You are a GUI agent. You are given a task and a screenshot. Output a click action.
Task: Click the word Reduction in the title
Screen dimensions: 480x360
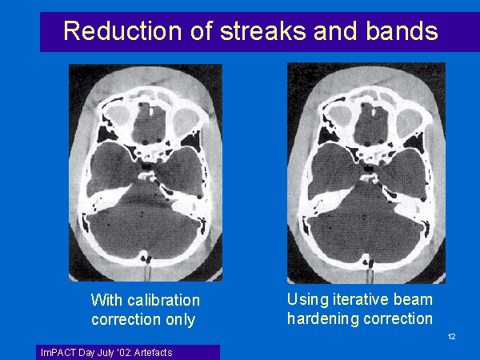pos(122,31)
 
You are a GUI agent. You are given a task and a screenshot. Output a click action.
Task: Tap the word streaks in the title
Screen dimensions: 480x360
pos(263,31)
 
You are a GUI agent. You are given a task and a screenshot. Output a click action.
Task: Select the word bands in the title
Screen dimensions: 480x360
pos(402,31)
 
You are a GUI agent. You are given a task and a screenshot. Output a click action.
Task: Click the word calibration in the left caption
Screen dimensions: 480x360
pos(163,300)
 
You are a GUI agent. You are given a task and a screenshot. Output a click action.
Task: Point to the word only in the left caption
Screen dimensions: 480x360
pos(180,320)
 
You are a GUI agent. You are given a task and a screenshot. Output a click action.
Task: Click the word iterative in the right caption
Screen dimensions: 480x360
pos(361,299)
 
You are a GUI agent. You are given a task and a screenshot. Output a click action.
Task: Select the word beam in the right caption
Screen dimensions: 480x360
pos(413,299)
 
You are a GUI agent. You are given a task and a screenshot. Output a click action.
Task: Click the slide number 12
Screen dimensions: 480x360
pos(451,337)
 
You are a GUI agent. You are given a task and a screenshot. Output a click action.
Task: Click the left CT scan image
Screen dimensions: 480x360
pos(146,173)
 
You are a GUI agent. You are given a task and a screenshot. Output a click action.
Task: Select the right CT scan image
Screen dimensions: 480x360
pos(366,174)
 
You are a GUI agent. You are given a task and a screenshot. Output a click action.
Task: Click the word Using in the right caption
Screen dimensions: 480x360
pos(308,299)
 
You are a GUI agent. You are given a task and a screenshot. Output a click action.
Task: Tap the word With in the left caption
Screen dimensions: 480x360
pos(107,300)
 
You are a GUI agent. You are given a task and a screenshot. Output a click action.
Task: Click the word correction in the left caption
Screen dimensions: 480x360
pos(126,320)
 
